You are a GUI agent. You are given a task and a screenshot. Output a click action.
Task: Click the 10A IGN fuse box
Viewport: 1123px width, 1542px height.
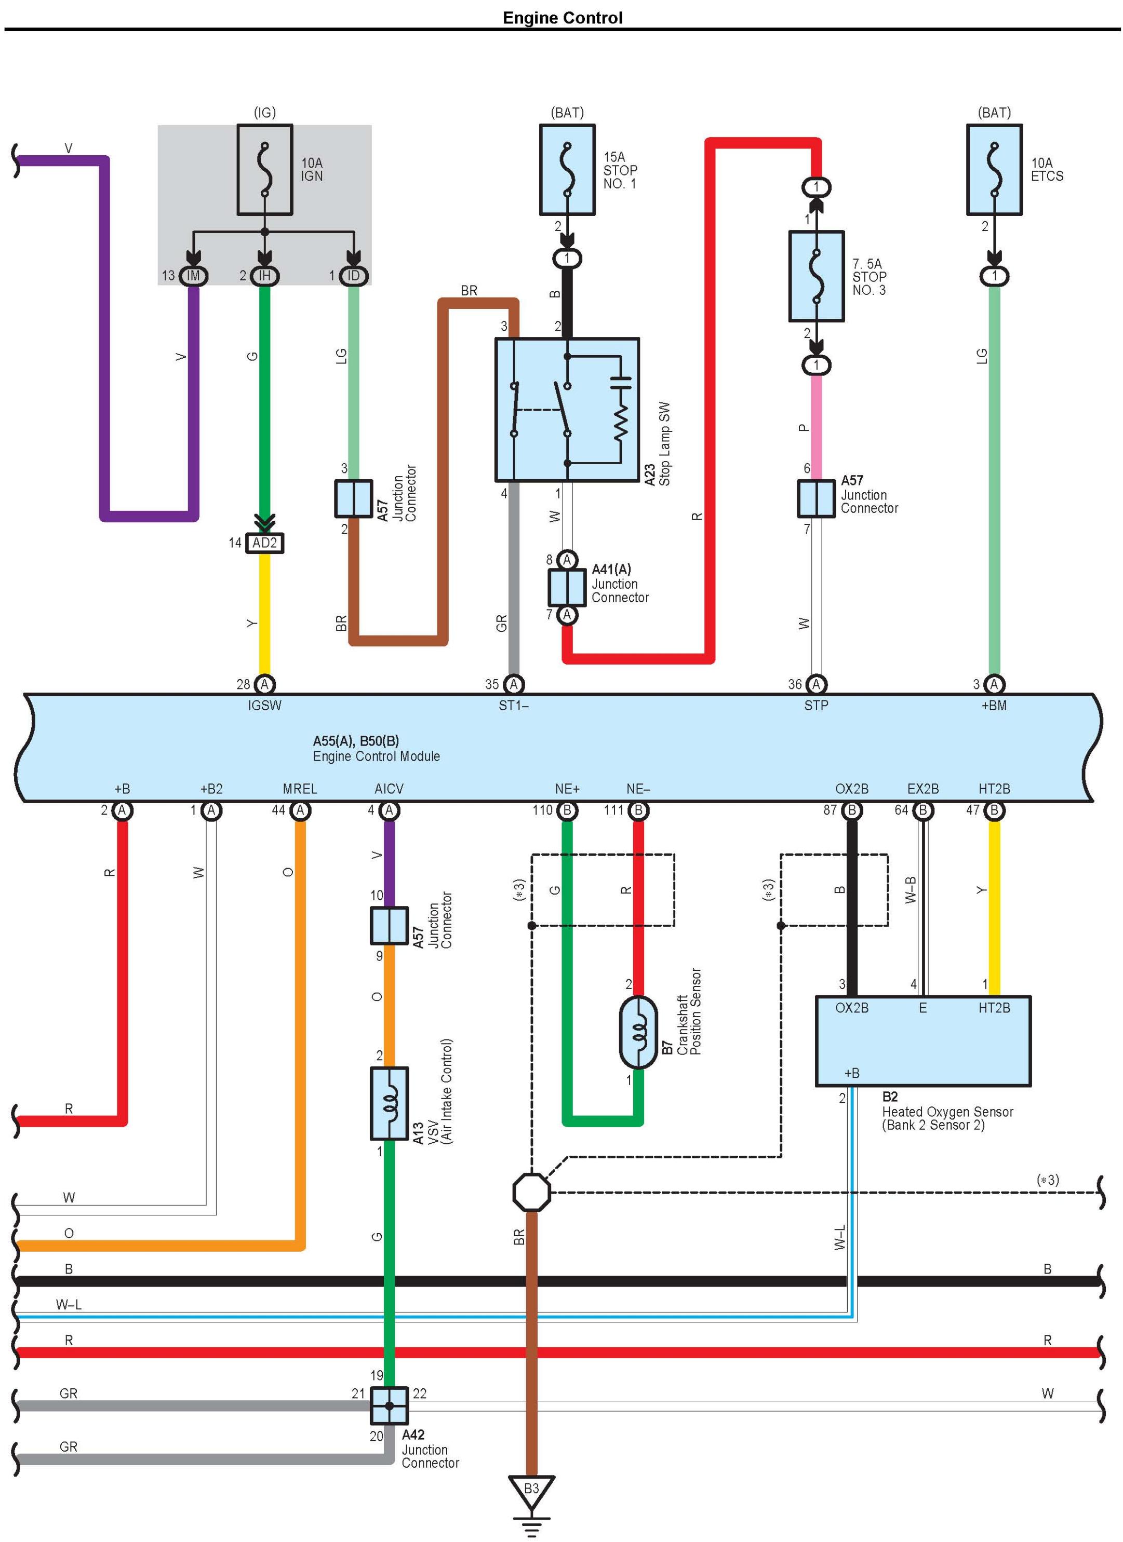coord(264,169)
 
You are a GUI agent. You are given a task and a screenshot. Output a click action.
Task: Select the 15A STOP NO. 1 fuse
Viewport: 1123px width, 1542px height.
coord(567,169)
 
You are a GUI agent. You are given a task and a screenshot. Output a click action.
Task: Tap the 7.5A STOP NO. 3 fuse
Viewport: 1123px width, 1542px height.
coord(815,276)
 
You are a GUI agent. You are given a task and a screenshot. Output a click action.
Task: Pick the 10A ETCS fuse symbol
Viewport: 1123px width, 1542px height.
coord(994,169)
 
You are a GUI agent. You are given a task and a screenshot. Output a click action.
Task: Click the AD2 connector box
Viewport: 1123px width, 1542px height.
coord(264,543)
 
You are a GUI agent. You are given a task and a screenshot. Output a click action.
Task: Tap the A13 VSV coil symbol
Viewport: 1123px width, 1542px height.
coord(389,1103)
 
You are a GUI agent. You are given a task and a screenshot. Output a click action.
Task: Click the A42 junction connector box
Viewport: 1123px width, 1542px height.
coord(389,1406)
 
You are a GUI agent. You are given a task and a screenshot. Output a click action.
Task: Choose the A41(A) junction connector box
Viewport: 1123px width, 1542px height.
coord(567,587)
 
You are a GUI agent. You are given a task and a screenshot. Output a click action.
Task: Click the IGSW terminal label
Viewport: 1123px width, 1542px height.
coord(264,706)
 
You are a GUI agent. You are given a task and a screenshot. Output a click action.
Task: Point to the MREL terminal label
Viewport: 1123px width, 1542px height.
coord(300,789)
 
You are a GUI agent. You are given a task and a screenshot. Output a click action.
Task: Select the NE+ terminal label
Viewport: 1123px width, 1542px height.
coord(567,789)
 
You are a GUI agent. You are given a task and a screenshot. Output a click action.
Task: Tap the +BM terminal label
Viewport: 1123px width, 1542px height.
coord(994,706)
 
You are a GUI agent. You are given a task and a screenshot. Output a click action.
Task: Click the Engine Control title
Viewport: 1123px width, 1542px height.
coord(562,18)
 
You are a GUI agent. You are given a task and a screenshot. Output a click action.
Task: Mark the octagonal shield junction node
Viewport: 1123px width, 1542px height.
coord(531,1192)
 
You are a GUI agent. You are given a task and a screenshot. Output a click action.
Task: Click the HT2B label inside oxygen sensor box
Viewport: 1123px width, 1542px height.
coord(994,1008)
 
